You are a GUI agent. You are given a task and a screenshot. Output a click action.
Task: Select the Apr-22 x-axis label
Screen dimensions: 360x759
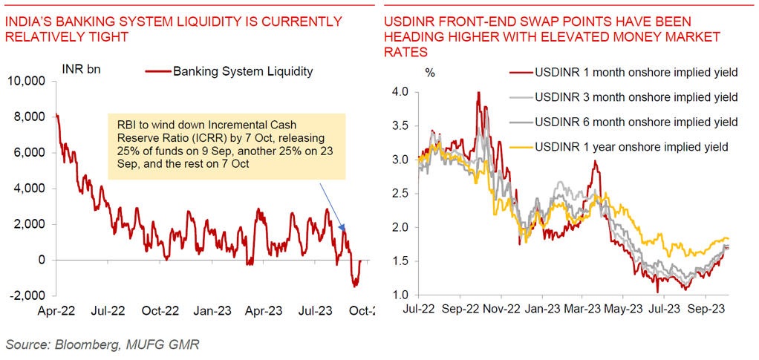click(x=57, y=312)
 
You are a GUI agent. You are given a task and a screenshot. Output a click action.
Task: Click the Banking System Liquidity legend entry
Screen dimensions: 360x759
click(x=242, y=72)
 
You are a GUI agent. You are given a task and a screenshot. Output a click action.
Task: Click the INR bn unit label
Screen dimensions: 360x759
click(x=81, y=70)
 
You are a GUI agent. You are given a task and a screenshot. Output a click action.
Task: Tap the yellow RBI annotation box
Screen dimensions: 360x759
click(x=227, y=146)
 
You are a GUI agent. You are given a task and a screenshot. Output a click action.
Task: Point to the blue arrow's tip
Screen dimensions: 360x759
click(x=344, y=229)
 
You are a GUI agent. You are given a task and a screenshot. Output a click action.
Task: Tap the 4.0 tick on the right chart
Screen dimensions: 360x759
click(x=400, y=92)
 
